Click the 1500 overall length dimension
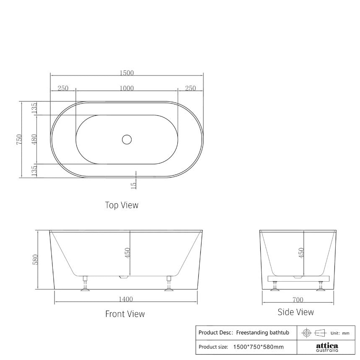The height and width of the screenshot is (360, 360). coord(127,73)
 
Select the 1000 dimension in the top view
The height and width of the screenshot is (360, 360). coord(127,88)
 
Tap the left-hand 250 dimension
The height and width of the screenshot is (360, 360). coord(63,88)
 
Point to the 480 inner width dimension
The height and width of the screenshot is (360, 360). coord(34,140)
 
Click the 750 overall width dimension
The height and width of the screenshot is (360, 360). coord(19,140)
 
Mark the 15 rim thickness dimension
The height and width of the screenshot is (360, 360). coord(134,184)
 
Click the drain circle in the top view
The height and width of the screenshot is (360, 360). coord(127,140)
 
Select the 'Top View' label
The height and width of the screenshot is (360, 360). coord(122,205)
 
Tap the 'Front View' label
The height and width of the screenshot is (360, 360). coord(125,314)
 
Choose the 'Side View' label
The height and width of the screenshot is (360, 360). coord(295,312)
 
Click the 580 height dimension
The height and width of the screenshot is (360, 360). coord(36,259)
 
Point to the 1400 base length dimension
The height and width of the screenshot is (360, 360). coord(125,299)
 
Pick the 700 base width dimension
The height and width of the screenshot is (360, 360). coord(298,300)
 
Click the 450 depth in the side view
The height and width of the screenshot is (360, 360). coord(301,253)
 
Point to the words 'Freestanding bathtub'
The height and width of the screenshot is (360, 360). coord(263,333)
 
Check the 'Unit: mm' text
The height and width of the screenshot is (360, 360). coord(340,333)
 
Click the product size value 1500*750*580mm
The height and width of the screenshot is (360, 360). coord(259,347)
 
